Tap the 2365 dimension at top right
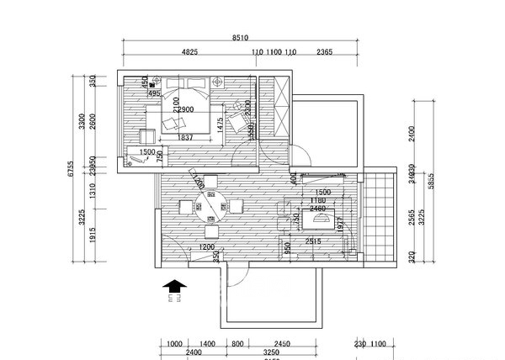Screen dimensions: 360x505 [x=325, y=52]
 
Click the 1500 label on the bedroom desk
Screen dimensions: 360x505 [x=146, y=153]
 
